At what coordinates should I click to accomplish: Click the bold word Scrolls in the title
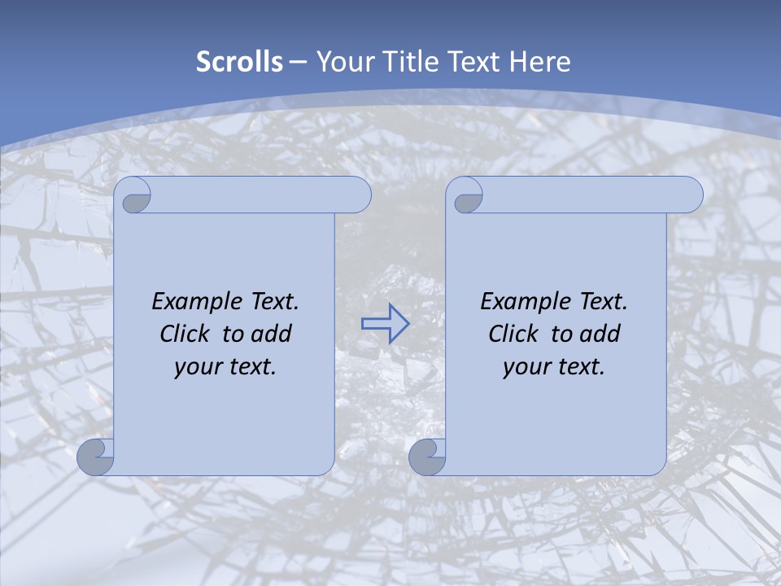click(x=239, y=62)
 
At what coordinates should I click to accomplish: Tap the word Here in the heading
click(x=539, y=62)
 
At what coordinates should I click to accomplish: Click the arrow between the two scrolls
click(x=385, y=324)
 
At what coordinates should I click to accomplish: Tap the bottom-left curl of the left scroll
click(x=94, y=457)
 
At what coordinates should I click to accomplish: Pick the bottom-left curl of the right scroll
click(x=426, y=457)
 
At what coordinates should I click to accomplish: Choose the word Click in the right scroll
click(x=513, y=334)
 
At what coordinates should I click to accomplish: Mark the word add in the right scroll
click(x=600, y=334)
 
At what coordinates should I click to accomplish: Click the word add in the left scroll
click(x=272, y=334)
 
